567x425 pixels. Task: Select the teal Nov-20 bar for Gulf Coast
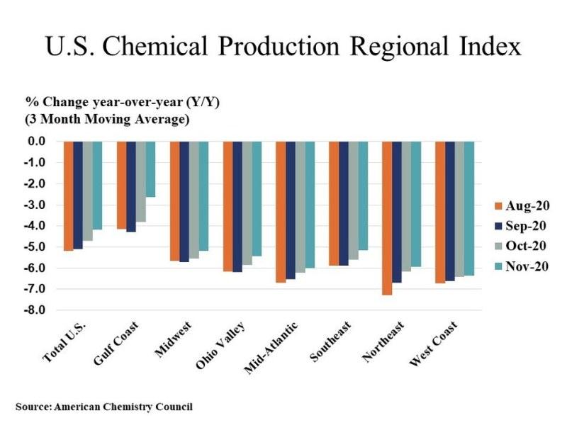click(x=150, y=169)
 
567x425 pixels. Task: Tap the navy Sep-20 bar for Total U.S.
click(x=78, y=195)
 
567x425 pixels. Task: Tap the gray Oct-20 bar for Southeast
click(x=353, y=200)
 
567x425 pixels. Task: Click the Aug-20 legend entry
click(x=521, y=206)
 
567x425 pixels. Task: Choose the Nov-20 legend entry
click(x=521, y=266)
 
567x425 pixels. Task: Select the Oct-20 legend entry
click(x=521, y=246)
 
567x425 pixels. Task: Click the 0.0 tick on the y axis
click(x=37, y=142)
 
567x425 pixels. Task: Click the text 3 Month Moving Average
click(x=107, y=119)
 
